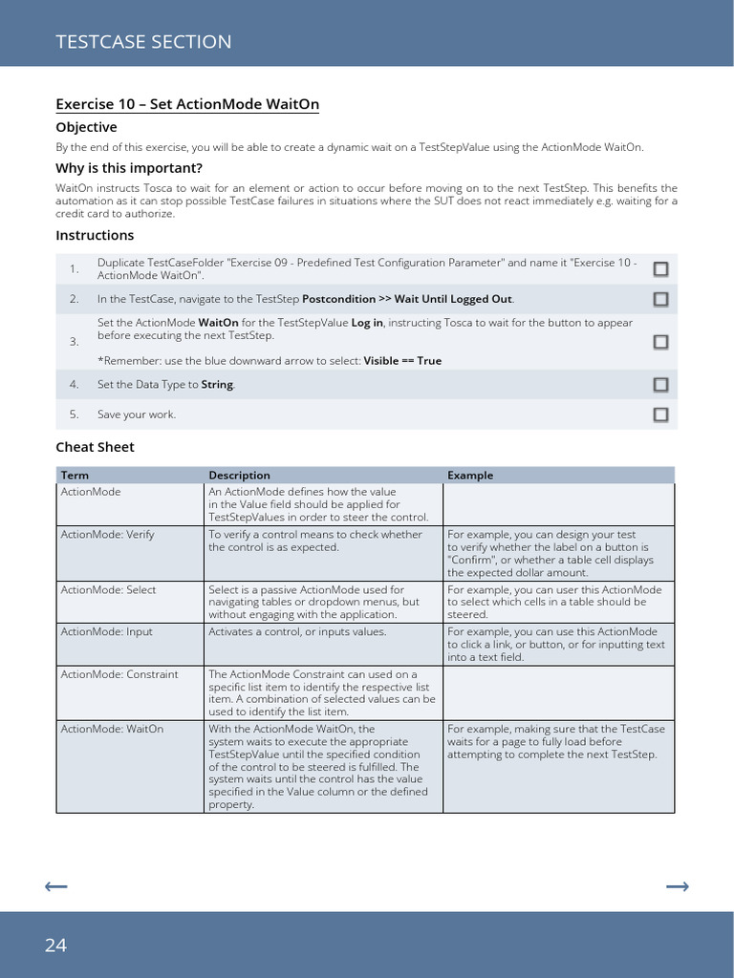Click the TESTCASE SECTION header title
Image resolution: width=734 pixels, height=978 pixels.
pos(143,41)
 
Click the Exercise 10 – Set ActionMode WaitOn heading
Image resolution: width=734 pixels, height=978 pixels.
pos(187,104)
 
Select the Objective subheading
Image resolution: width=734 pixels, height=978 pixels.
pos(86,127)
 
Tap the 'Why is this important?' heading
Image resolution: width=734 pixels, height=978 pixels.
pos(129,168)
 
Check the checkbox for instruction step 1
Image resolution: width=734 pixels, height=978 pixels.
pos(660,269)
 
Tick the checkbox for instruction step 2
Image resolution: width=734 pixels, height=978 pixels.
pos(660,300)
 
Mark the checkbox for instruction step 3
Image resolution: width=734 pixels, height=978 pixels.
pos(660,342)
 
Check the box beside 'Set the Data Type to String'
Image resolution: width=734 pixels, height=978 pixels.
pos(660,385)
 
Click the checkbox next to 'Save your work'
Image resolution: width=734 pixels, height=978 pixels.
pos(660,415)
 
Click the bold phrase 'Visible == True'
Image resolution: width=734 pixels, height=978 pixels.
pos(402,361)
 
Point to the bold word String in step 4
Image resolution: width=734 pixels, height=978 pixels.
pos(217,385)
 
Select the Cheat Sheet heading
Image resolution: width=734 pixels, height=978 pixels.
pos(95,447)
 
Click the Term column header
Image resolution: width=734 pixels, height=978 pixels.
pos(75,475)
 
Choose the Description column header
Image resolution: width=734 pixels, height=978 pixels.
pos(239,475)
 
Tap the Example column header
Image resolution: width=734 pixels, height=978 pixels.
pos(470,475)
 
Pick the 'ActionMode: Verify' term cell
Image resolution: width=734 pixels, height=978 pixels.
pos(107,535)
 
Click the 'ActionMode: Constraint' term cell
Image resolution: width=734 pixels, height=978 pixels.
pos(119,674)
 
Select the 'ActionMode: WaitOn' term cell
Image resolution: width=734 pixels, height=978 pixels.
pos(112,729)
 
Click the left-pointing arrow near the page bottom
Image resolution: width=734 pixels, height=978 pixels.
pos(56,887)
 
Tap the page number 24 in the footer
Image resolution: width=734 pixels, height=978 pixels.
pos(55,946)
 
